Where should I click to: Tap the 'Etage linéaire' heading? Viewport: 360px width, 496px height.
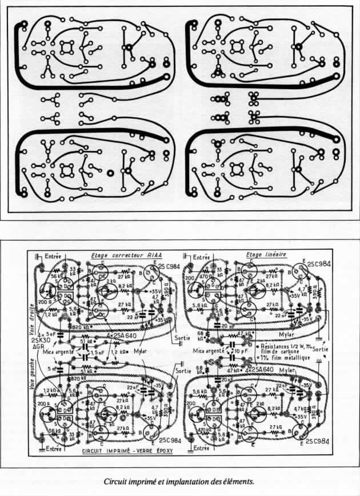[265, 255]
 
